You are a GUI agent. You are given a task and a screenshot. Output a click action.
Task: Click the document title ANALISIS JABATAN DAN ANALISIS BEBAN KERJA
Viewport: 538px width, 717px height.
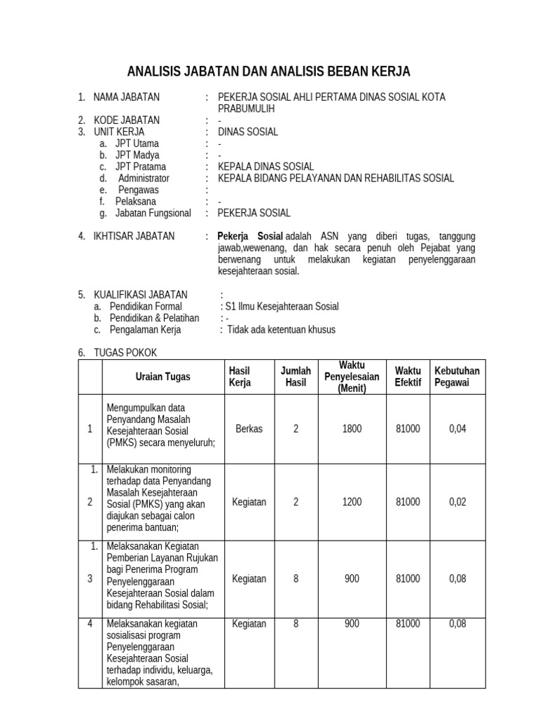[x=268, y=71]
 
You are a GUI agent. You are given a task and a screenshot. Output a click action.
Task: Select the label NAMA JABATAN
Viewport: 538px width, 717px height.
[x=126, y=97]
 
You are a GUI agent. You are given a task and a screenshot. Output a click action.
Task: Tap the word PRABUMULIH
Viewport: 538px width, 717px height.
[x=246, y=109]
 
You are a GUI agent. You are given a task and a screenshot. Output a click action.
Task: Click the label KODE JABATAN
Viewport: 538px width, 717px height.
[x=126, y=120]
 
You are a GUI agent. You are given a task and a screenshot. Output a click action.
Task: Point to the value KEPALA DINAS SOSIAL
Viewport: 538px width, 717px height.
[x=265, y=167]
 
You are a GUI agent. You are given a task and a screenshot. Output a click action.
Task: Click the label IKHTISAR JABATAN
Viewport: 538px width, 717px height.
[x=134, y=236]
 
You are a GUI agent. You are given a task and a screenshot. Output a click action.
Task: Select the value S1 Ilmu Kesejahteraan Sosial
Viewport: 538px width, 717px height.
[x=281, y=306]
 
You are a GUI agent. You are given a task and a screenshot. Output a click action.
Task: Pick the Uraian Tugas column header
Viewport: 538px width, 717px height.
[x=163, y=377]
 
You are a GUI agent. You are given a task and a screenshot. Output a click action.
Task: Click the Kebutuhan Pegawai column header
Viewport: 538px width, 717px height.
[x=457, y=377]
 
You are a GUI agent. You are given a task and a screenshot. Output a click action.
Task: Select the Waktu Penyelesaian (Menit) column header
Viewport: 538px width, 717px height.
[x=352, y=377]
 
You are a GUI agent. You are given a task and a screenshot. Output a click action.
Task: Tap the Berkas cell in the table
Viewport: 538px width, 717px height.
[x=249, y=429]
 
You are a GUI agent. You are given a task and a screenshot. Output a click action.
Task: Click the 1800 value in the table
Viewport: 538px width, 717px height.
[x=352, y=429]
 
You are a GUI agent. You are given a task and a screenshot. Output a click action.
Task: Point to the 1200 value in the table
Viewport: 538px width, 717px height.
[x=352, y=502]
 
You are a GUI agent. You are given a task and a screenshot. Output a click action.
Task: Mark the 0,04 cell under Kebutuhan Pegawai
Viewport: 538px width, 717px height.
[x=457, y=429]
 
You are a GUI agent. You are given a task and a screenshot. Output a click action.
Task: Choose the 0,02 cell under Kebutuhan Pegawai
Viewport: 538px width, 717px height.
[x=457, y=502]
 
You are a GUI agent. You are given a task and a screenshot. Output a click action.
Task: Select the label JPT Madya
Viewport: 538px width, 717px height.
[x=137, y=155]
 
